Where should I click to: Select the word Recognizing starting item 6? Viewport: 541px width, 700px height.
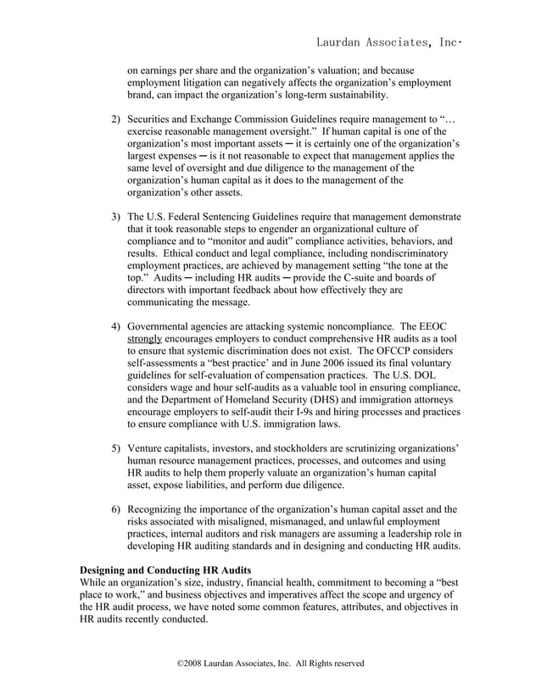coord(160,509)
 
